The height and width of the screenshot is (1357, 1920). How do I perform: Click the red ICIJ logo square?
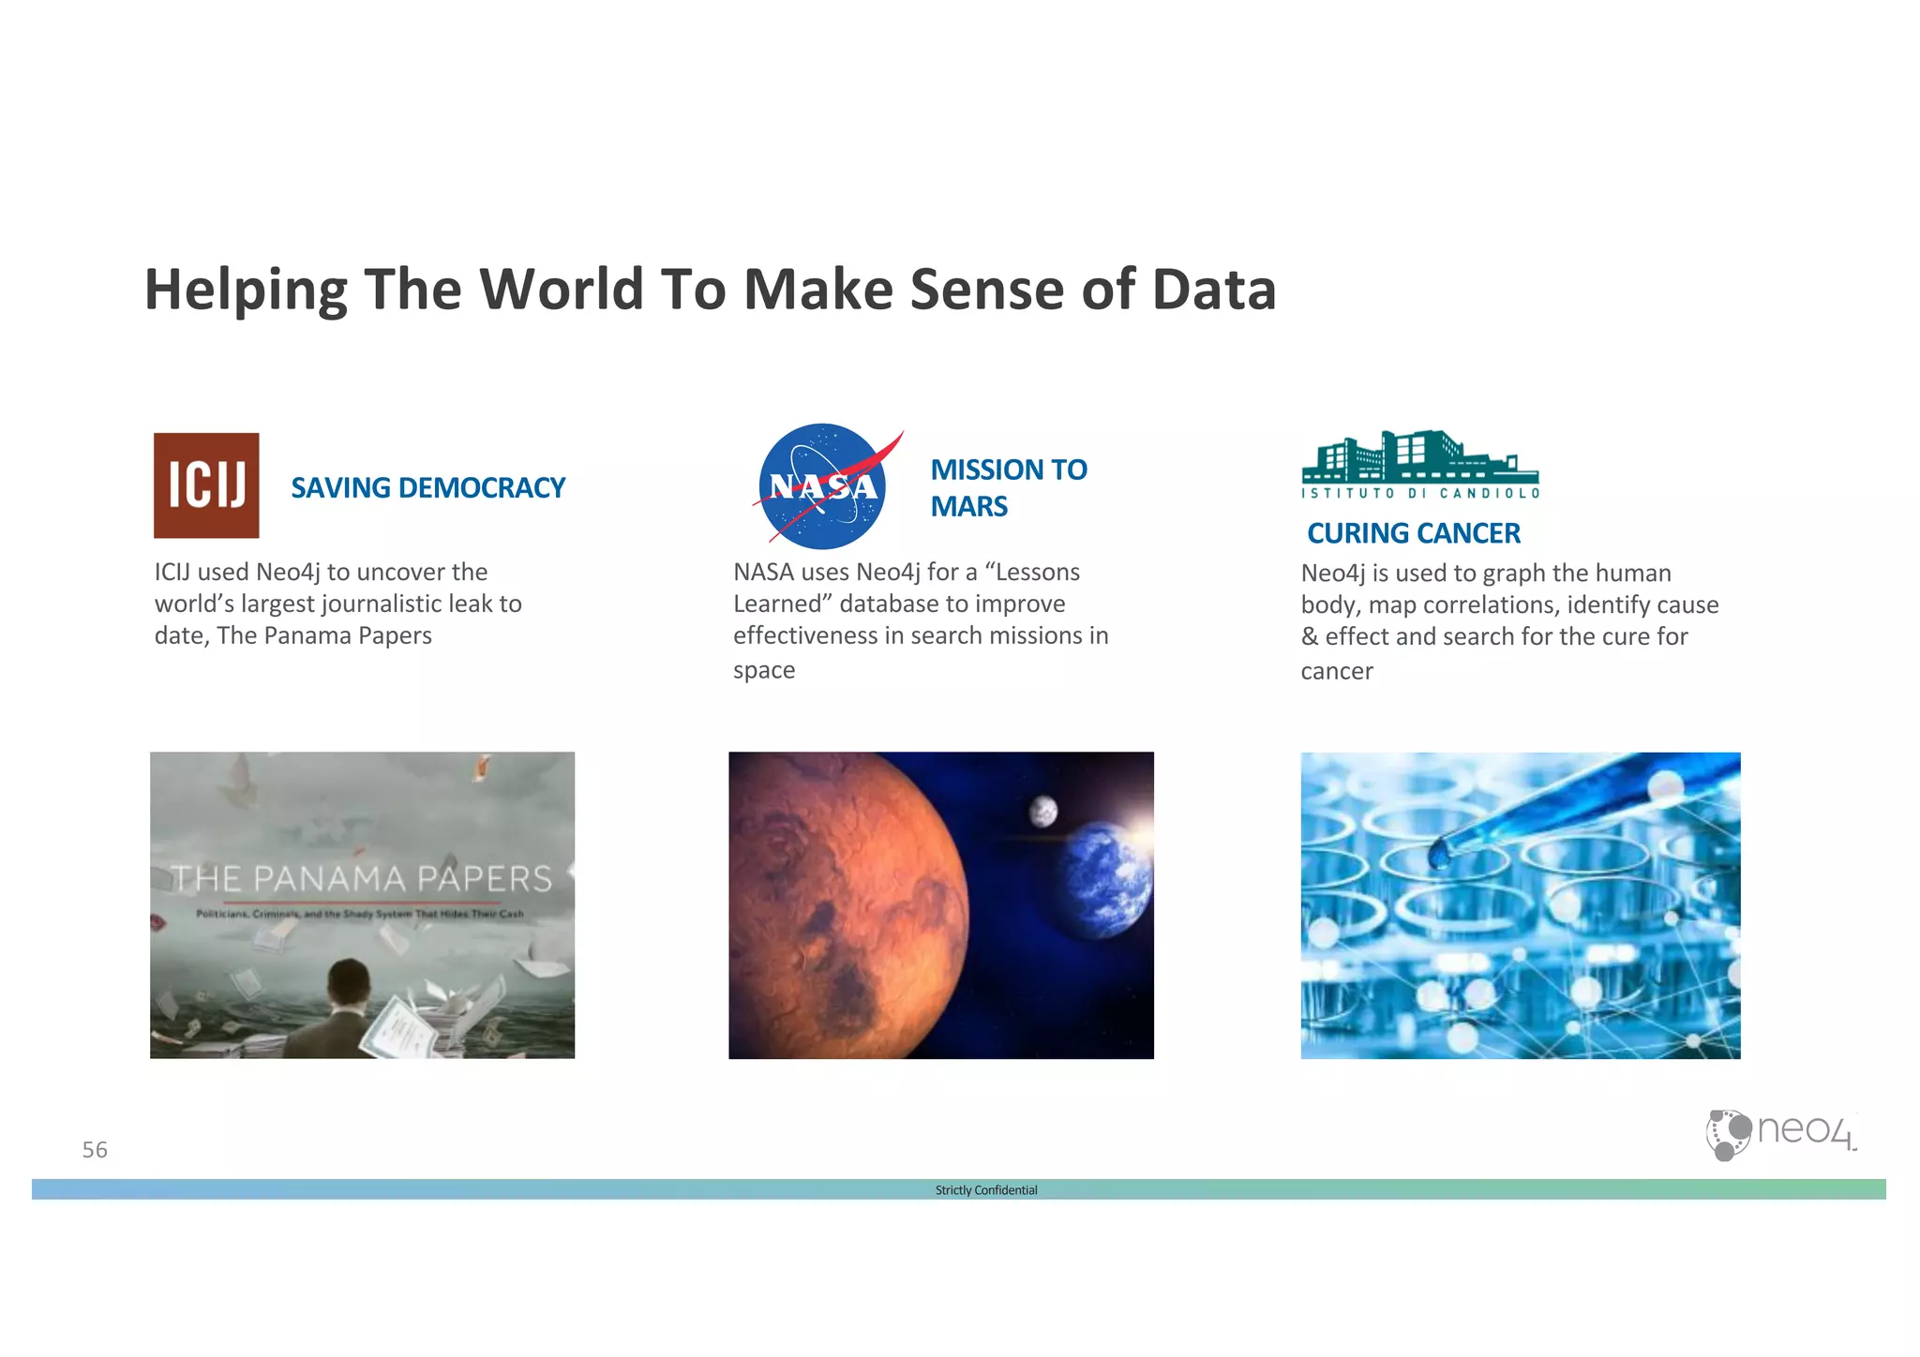[206, 485]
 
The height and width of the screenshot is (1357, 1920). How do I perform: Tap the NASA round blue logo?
[822, 486]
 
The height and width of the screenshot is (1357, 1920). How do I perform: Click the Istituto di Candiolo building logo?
[1419, 464]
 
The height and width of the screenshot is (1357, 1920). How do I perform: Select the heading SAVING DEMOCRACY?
[427, 488]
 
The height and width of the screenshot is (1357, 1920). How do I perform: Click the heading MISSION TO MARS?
[1008, 487]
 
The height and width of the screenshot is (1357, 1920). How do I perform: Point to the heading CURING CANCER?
[1413, 533]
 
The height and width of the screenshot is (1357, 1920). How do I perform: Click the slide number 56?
[95, 1150]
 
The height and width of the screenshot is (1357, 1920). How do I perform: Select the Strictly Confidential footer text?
[985, 1190]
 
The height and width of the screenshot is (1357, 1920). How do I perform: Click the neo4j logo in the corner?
[1778, 1134]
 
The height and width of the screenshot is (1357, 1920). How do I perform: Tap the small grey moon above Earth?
[1043, 811]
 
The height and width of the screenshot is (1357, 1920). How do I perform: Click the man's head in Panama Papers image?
[348, 983]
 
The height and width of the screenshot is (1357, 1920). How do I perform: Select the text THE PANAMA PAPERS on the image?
[362, 879]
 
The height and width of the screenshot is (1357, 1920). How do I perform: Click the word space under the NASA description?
[764, 670]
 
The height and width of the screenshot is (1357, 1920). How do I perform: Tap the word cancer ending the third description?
[1336, 671]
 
